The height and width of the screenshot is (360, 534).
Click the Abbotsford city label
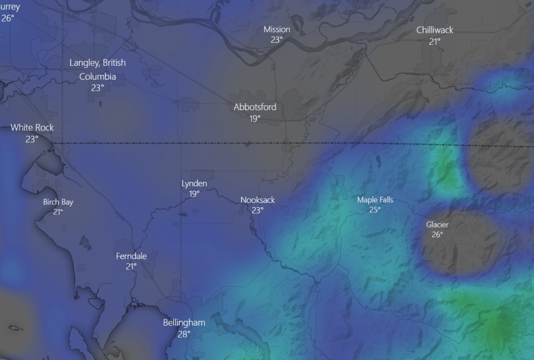[254, 107]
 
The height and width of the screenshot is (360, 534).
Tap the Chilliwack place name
[434, 30]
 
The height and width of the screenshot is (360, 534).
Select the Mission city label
[276, 29]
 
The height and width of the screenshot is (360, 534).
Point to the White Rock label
[32, 127]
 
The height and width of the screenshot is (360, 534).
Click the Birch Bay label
[58, 202]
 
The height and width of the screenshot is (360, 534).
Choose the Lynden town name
[194, 183]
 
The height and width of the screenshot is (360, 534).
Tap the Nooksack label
[257, 200]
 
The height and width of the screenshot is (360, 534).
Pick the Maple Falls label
[375, 200]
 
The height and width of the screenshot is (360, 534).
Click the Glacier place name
[437, 224]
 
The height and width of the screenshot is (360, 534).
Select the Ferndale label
[131, 256]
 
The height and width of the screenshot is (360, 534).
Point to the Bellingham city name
[184, 322]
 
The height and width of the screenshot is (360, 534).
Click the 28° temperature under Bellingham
[184, 334]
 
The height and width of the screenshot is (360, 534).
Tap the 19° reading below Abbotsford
[254, 118]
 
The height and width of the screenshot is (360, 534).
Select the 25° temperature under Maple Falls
[375, 210]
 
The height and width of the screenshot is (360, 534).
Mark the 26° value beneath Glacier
[437, 235]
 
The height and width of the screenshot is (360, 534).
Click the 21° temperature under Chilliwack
[434, 41]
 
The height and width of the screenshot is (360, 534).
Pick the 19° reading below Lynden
[194, 194]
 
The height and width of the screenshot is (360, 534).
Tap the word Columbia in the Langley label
[98, 77]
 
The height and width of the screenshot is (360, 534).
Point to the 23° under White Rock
[32, 139]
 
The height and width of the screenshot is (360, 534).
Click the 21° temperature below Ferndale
[131, 267]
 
